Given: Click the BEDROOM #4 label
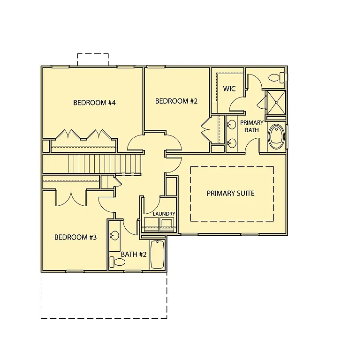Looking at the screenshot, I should coord(94,103).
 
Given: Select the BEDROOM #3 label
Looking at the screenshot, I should coord(76,237).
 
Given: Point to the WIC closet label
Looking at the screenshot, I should coord(229,89).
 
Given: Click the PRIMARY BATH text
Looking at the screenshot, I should coord(252,126).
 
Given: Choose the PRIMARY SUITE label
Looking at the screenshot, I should coord(231,193).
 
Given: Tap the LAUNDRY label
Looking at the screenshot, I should coord(164,214).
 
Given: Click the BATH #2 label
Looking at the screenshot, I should coord(134,255).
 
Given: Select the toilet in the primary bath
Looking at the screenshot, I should coord(276,77).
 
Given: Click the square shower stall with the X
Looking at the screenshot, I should coord(276,103).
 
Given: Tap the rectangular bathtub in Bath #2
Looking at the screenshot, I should coord(158,255).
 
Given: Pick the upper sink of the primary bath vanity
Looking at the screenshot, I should coord(231,125).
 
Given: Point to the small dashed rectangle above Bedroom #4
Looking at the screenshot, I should coord(93,60).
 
